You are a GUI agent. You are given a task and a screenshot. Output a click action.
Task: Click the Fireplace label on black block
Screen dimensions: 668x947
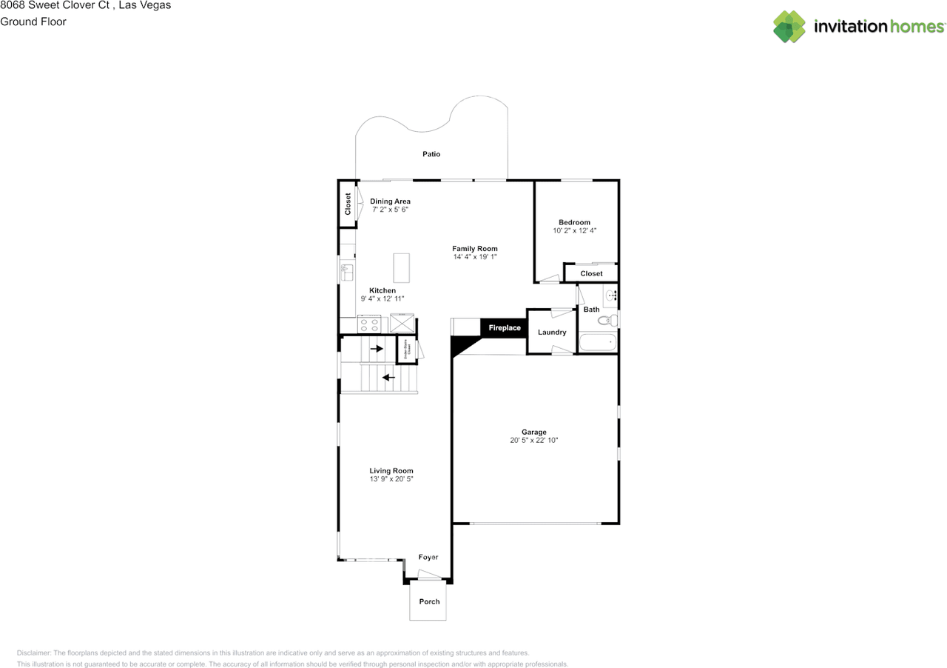(504, 328)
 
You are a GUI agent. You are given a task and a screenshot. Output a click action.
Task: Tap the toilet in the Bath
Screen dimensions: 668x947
(607, 321)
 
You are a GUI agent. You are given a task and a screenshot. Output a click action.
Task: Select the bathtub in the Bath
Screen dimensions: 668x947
(597, 343)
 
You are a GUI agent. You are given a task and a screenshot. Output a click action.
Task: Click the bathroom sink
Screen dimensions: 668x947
(611, 295)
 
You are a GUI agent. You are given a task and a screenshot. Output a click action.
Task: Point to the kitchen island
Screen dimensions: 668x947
(401, 266)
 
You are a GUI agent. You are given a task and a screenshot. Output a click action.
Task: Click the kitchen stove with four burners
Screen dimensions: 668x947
(368, 325)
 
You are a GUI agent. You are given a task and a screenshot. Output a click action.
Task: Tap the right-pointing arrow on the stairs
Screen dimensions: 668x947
(377, 348)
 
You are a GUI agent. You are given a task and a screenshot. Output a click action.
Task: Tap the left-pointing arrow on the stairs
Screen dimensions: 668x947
(388, 377)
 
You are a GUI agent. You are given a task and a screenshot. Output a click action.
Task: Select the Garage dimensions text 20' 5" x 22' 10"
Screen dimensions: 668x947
(533, 441)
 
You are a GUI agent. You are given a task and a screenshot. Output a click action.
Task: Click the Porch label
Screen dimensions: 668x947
(429, 601)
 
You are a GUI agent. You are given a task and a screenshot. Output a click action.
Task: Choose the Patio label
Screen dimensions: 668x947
(431, 154)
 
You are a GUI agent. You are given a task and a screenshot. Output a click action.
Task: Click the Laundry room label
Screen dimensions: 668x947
(552, 333)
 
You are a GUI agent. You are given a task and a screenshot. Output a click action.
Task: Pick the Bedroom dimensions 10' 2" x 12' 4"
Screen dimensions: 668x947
(574, 231)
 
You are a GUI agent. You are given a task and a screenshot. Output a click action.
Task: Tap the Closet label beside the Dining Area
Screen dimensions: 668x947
(348, 204)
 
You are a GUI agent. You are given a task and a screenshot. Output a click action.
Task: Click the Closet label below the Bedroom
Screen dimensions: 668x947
(591, 273)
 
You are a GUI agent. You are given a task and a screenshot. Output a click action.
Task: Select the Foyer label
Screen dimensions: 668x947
(428, 557)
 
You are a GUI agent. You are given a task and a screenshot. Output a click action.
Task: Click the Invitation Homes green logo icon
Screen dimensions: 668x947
(789, 27)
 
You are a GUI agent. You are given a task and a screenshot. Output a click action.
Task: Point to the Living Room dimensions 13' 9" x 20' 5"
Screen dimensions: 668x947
(391, 479)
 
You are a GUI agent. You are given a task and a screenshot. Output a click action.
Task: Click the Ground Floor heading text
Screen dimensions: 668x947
(33, 21)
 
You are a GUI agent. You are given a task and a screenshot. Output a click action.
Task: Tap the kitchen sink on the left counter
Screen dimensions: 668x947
(346, 273)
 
